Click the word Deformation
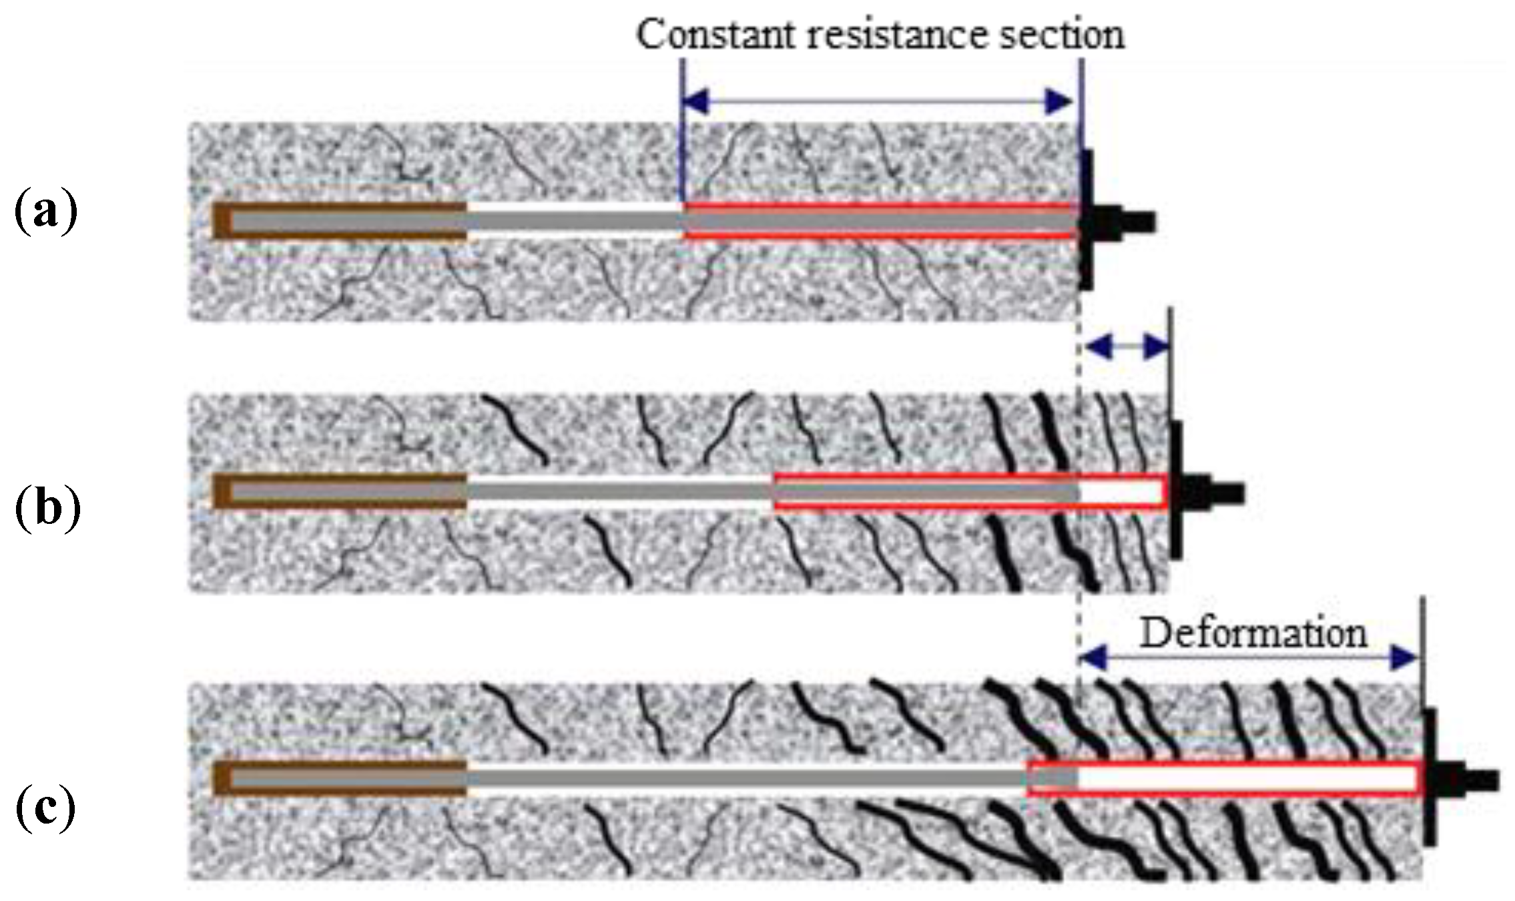tap(1253, 633)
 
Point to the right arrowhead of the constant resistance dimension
tap(1060, 101)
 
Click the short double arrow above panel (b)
tap(1125, 346)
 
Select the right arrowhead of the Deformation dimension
tap(1404, 659)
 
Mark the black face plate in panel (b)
tap(1176, 491)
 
